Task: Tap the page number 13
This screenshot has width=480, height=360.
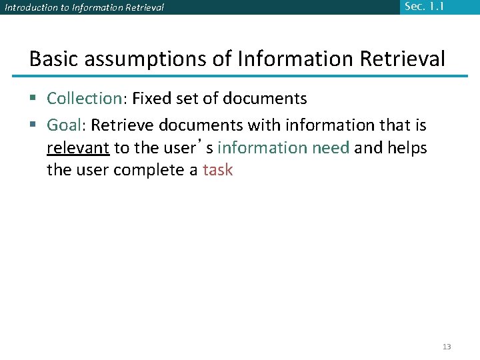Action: click(x=447, y=347)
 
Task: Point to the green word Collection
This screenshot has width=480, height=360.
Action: click(x=83, y=99)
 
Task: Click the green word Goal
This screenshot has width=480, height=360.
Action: click(x=63, y=125)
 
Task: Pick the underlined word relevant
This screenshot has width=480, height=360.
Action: click(x=78, y=147)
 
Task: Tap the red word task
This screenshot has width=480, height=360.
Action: click(x=218, y=170)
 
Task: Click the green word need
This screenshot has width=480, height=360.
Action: click(x=331, y=147)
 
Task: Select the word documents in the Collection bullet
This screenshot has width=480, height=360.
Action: click(x=265, y=99)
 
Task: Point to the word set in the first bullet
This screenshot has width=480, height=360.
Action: click(x=191, y=99)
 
